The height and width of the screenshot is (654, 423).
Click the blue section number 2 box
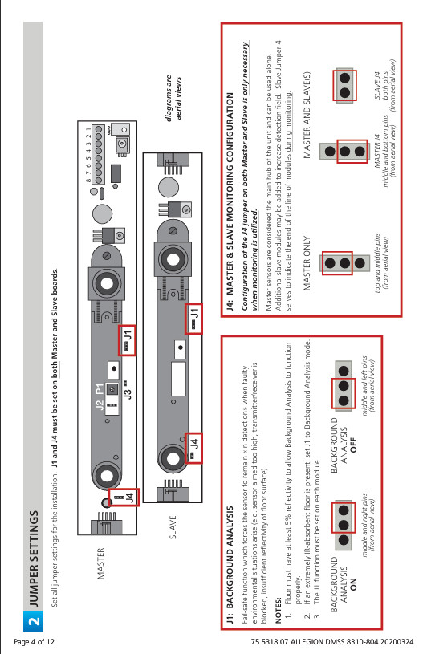click(x=33, y=619)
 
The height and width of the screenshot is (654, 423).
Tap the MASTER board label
click(x=101, y=563)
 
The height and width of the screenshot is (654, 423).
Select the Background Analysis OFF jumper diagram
click(x=344, y=390)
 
